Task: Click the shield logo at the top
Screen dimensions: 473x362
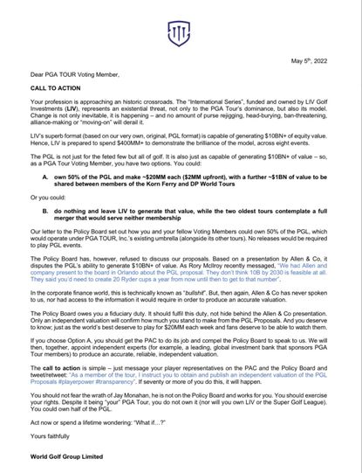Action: [181, 33]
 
